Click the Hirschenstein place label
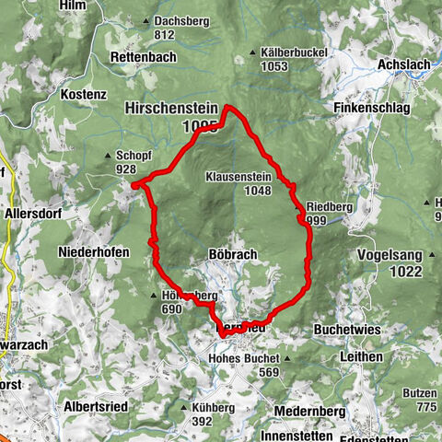173,109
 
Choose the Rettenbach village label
143,56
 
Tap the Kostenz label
85,94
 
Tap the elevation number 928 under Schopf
126,169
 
